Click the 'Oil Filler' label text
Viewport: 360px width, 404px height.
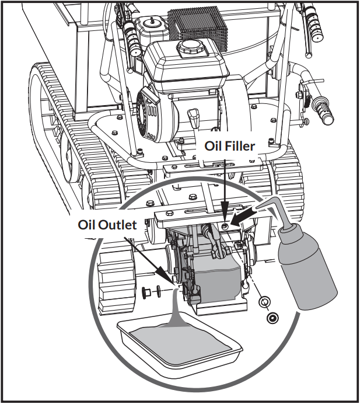(229, 146)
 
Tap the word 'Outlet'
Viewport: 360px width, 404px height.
(122, 225)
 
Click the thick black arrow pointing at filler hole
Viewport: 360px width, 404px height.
(246, 217)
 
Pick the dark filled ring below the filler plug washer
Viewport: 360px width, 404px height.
(271, 318)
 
